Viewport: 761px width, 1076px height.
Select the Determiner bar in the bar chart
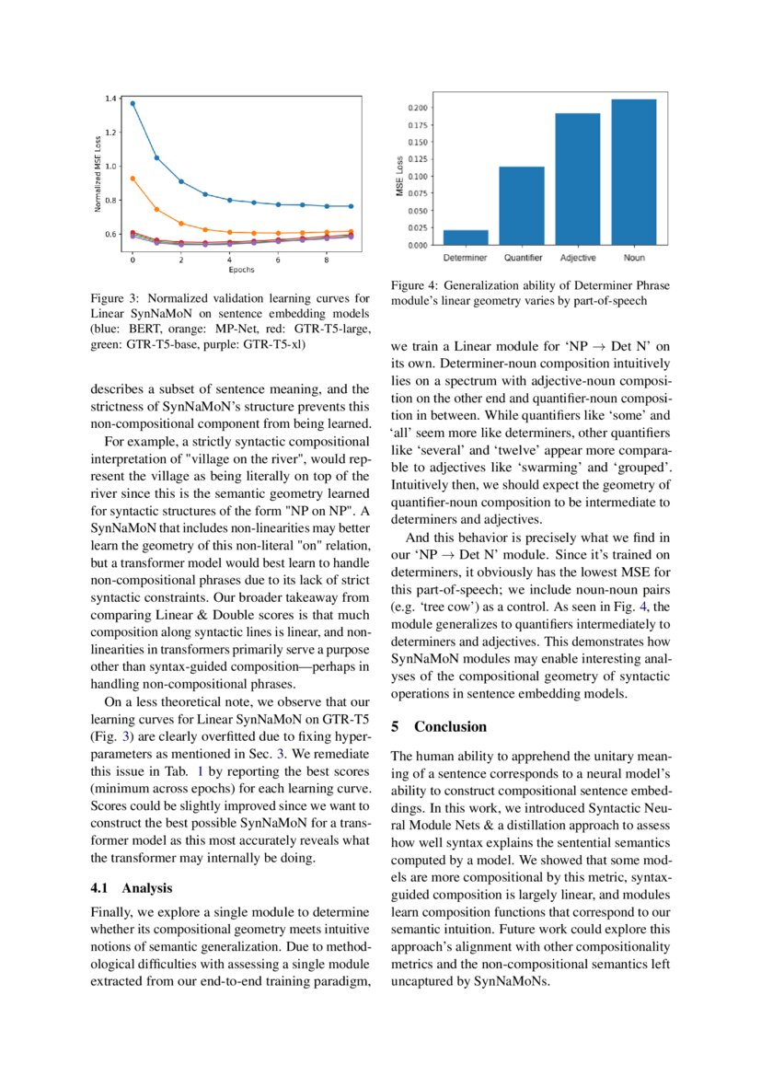pos(466,237)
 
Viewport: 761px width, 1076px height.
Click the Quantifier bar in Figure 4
pos(522,206)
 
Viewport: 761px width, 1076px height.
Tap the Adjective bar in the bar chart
pos(577,179)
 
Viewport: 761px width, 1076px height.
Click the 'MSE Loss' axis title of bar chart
pos(399,177)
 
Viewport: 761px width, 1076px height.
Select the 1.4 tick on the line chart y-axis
pos(111,98)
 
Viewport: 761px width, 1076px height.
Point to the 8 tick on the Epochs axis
pos(326,260)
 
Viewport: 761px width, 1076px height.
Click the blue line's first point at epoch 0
pos(133,103)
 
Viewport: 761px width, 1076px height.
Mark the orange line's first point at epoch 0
pos(133,179)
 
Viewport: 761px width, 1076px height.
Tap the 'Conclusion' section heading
pos(450,726)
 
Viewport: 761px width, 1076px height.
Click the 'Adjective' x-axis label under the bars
pos(577,257)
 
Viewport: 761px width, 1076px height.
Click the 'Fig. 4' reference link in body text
pos(632,607)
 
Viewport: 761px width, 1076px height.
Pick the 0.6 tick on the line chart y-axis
pos(111,234)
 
